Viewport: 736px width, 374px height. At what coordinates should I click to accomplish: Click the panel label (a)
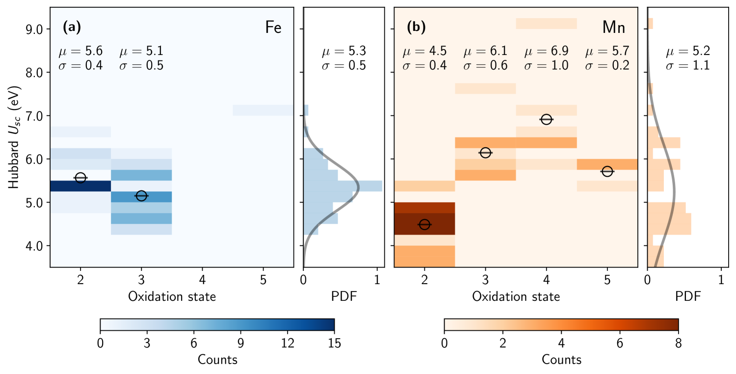tap(72, 27)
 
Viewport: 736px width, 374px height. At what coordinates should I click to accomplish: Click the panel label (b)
tap(416, 27)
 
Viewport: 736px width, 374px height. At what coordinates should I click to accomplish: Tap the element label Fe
tap(273, 27)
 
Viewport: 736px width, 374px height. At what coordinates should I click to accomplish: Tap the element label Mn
tap(614, 27)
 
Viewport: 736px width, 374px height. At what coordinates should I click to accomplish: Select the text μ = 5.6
tap(80, 51)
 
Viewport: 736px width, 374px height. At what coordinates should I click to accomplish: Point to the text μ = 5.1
tap(141, 51)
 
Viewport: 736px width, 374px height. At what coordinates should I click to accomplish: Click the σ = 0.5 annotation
tap(141, 65)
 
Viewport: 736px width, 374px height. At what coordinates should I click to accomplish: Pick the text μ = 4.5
tap(424, 51)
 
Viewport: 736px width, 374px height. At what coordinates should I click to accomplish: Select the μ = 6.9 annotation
tap(546, 51)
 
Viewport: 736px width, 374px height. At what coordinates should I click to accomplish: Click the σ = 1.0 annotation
tap(546, 65)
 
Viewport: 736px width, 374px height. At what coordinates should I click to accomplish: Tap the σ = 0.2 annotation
tap(607, 65)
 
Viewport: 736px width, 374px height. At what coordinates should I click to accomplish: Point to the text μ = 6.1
tap(485, 51)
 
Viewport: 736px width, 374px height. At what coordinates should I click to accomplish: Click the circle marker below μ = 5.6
tap(80, 178)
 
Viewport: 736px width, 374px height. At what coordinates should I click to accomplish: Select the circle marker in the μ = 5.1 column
tap(141, 196)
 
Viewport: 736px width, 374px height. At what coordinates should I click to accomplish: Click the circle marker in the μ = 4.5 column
tap(424, 224)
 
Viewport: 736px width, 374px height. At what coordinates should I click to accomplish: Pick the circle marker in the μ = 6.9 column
tap(546, 119)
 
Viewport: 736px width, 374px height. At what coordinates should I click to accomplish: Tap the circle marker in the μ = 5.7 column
tap(607, 171)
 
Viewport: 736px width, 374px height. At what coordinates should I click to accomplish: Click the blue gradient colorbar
tap(217, 324)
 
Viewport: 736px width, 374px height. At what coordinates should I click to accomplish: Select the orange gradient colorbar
tap(561, 324)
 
